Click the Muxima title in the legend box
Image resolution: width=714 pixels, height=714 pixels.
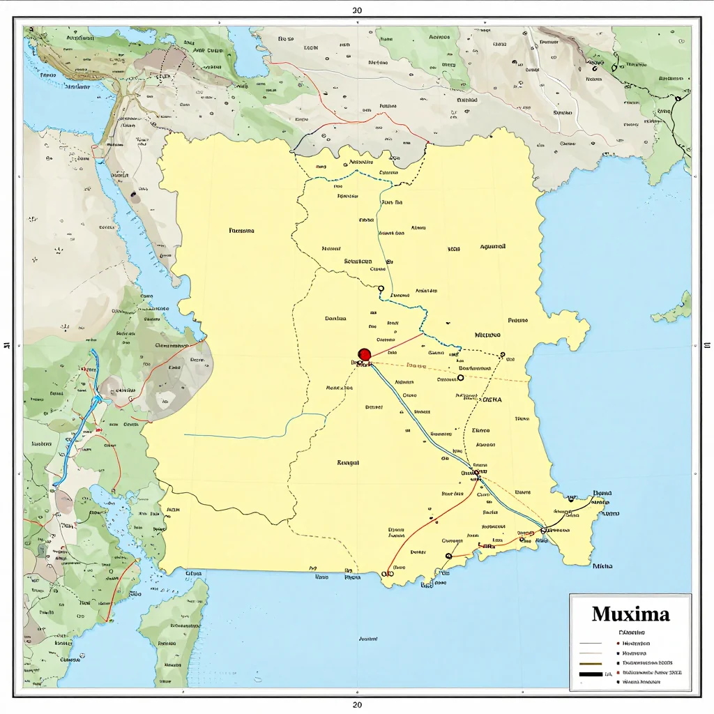(630, 614)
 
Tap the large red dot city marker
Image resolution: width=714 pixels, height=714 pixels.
(364, 355)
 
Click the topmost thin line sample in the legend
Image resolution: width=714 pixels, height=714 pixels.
(591, 642)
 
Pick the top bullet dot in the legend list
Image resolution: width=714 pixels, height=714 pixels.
(618, 642)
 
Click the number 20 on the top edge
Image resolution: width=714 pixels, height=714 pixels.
(357, 10)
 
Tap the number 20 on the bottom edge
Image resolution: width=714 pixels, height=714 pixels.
(357, 704)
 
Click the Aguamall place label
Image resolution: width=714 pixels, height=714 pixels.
(493, 247)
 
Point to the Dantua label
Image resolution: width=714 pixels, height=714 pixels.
(335, 319)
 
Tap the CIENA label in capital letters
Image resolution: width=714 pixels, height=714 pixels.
(492, 400)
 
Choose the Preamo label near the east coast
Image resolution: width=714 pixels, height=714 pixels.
(517, 321)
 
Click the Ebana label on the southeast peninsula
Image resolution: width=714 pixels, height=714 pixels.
(601, 492)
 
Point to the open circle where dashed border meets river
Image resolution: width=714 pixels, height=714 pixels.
(381, 288)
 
